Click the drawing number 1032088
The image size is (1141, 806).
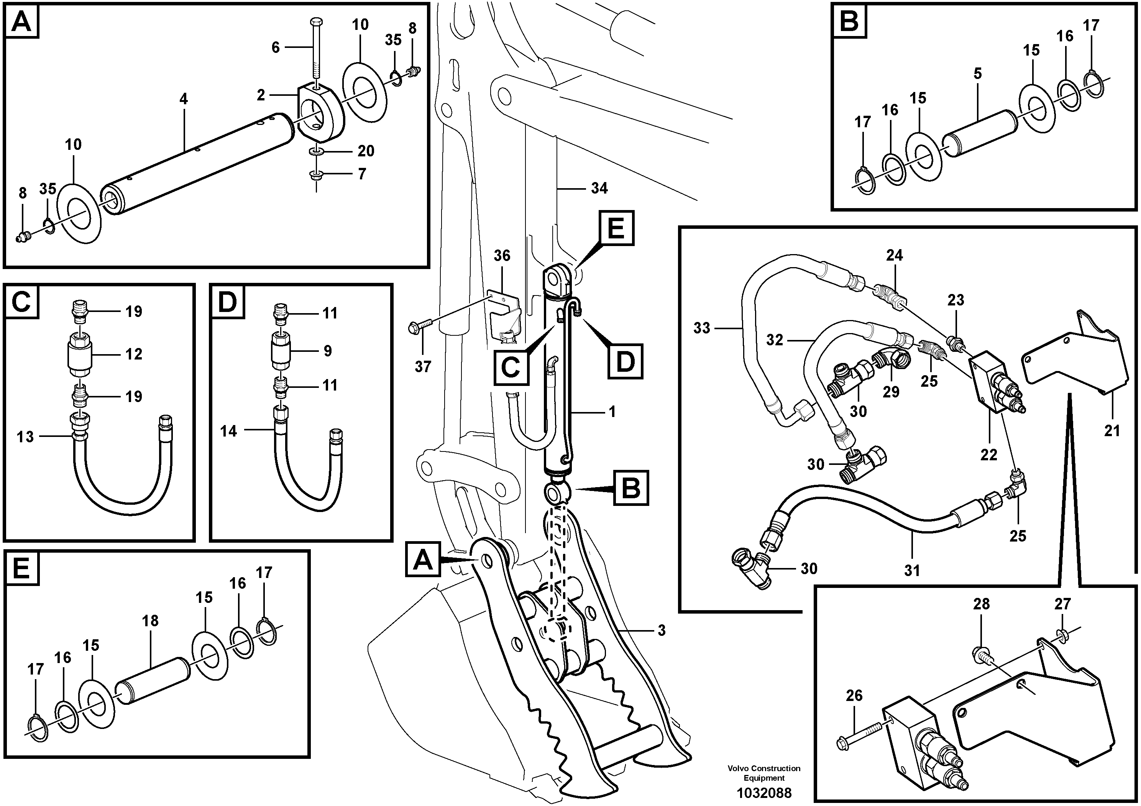(764, 792)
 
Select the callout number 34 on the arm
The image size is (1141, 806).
(599, 188)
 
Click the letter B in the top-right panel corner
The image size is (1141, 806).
(849, 21)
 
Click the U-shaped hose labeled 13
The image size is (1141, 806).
(122, 489)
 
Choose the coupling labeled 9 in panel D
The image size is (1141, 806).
(281, 351)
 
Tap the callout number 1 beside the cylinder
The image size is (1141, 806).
(612, 412)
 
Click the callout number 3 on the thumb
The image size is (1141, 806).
(661, 630)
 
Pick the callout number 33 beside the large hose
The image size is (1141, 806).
(702, 328)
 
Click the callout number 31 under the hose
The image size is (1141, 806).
(912, 570)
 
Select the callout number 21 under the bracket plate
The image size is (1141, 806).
(1112, 430)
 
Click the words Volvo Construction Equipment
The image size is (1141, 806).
(764, 773)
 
